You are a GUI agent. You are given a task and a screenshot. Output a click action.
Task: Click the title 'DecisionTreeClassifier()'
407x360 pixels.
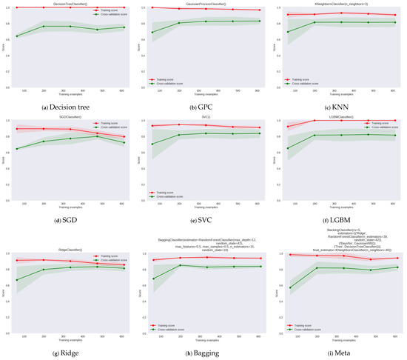point(71,3)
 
